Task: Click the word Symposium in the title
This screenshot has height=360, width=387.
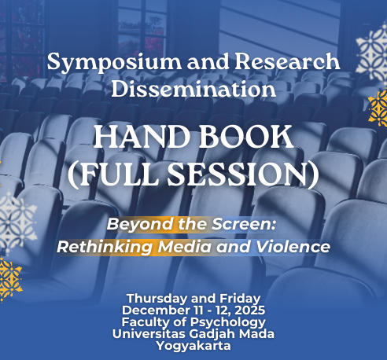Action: [114, 63]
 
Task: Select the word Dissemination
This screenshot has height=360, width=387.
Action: [193, 89]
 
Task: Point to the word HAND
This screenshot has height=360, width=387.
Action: [142, 137]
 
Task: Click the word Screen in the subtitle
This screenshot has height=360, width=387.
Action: [244, 224]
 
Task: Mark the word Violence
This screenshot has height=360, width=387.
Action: [293, 247]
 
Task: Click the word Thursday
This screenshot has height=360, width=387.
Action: [157, 299]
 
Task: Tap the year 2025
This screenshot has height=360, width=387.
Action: [249, 310]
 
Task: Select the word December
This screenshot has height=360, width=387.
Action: [156, 310]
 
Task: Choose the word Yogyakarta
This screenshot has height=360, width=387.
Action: [193, 347]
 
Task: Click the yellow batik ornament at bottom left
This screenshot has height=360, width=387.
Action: [10, 280]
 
